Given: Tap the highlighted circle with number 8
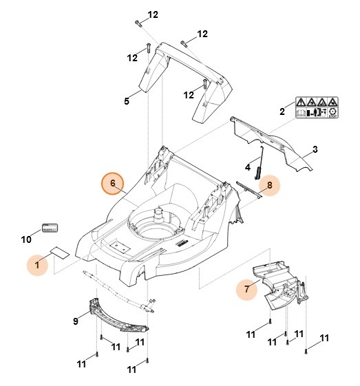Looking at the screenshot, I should tap(270, 184).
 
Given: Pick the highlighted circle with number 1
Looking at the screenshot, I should tap(39, 264).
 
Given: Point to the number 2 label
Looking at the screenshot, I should tap(282, 111).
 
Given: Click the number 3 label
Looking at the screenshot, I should tap(315, 149).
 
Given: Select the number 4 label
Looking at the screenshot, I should tap(248, 167).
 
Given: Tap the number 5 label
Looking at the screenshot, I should tap(127, 102).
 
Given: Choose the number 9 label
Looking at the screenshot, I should tap(75, 321).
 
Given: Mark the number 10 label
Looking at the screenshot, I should tap(26, 239).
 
